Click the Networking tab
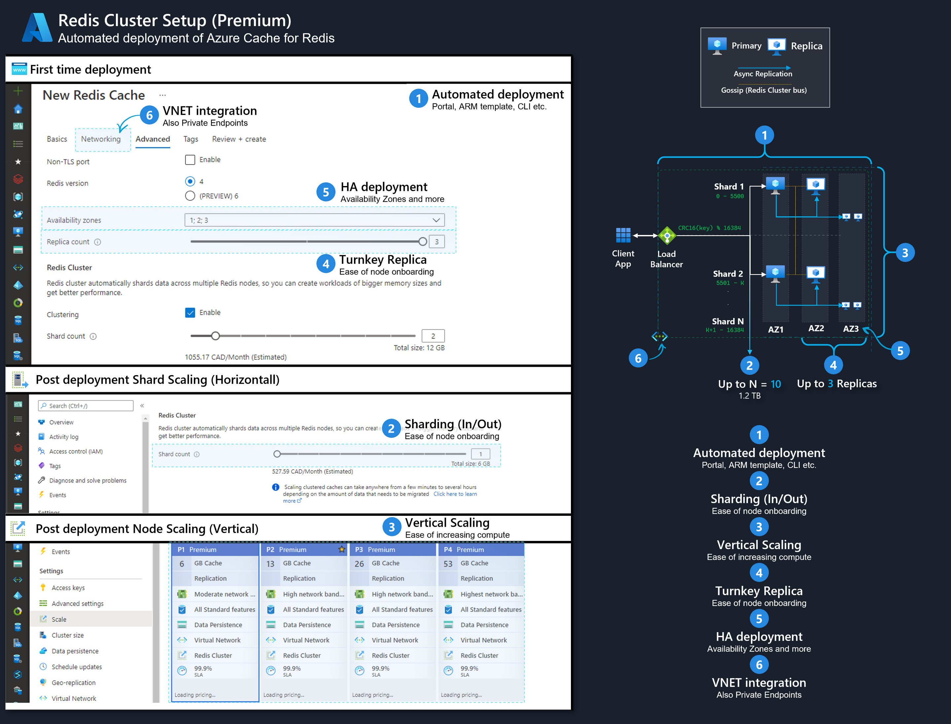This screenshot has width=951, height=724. pyautogui.click(x=101, y=139)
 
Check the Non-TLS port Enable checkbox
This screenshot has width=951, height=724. pyautogui.click(x=190, y=160)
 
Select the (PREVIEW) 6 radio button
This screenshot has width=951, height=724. pyautogui.click(x=190, y=196)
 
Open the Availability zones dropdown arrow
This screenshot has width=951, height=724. pyautogui.click(x=436, y=220)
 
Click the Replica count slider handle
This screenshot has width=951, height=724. pyautogui.click(x=423, y=242)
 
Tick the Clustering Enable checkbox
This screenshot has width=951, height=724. pyautogui.click(x=190, y=313)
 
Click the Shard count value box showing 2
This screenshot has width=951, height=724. pyautogui.click(x=433, y=336)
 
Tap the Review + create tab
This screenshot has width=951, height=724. pyautogui.click(x=239, y=139)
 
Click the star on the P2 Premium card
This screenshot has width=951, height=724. pyautogui.click(x=341, y=550)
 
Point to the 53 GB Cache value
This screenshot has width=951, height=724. pyautogui.click(x=448, y=564)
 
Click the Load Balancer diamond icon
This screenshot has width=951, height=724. pyautogui.click(x=667, y=236)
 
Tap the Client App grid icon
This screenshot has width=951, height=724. pyautogui.click(x=623, y=235)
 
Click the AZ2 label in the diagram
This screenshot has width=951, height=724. pyautogui.click(x=816, y=328)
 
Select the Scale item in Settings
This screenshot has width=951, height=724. pyautogui.click(x=59, y=619)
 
